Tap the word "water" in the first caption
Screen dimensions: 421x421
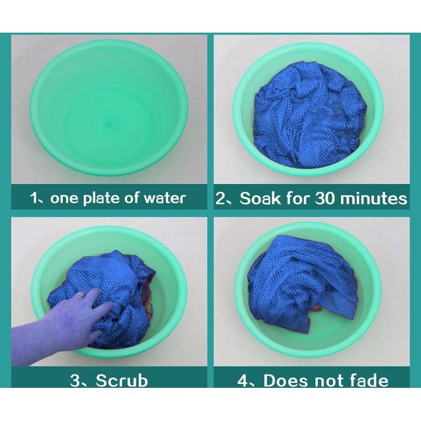click(165, 198)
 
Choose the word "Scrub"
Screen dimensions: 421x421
click(122, 380)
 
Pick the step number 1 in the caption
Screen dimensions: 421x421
click(34, 198)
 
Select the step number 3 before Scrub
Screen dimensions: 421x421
click(75, 380)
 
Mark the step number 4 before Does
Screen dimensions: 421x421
click(243, 380)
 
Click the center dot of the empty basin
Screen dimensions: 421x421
click(109, 125)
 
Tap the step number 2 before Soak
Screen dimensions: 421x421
click(220, 198)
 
